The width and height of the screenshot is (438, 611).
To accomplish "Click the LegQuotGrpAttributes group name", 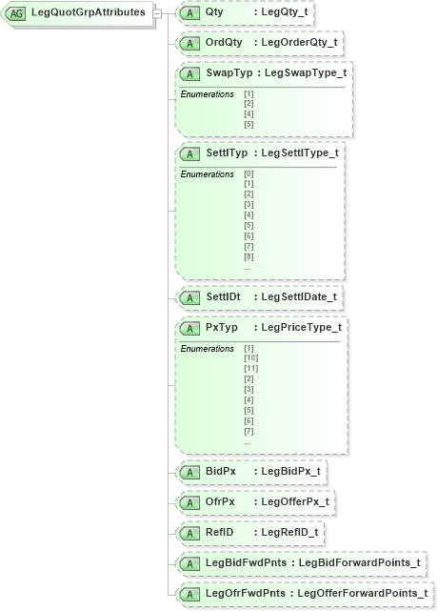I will point(88,12).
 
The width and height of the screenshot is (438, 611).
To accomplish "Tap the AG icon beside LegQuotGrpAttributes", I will point(16,13).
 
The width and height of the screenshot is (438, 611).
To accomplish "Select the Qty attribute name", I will point(214,13).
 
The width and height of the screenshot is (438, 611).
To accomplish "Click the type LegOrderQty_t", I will point(304,43).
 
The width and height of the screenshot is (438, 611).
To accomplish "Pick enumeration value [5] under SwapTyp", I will point(249,124).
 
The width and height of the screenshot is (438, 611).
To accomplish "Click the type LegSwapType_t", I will point(305,73).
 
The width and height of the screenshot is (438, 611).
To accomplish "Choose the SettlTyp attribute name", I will point(227,152).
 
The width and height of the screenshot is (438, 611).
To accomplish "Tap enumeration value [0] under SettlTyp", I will point(249,174).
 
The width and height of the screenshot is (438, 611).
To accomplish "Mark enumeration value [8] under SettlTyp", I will point(249,257).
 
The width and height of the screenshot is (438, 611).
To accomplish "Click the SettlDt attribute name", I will point(224,297).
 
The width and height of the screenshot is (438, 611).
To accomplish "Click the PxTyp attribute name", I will point(222,327).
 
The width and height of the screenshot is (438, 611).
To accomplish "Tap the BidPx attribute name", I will point(220,471).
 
